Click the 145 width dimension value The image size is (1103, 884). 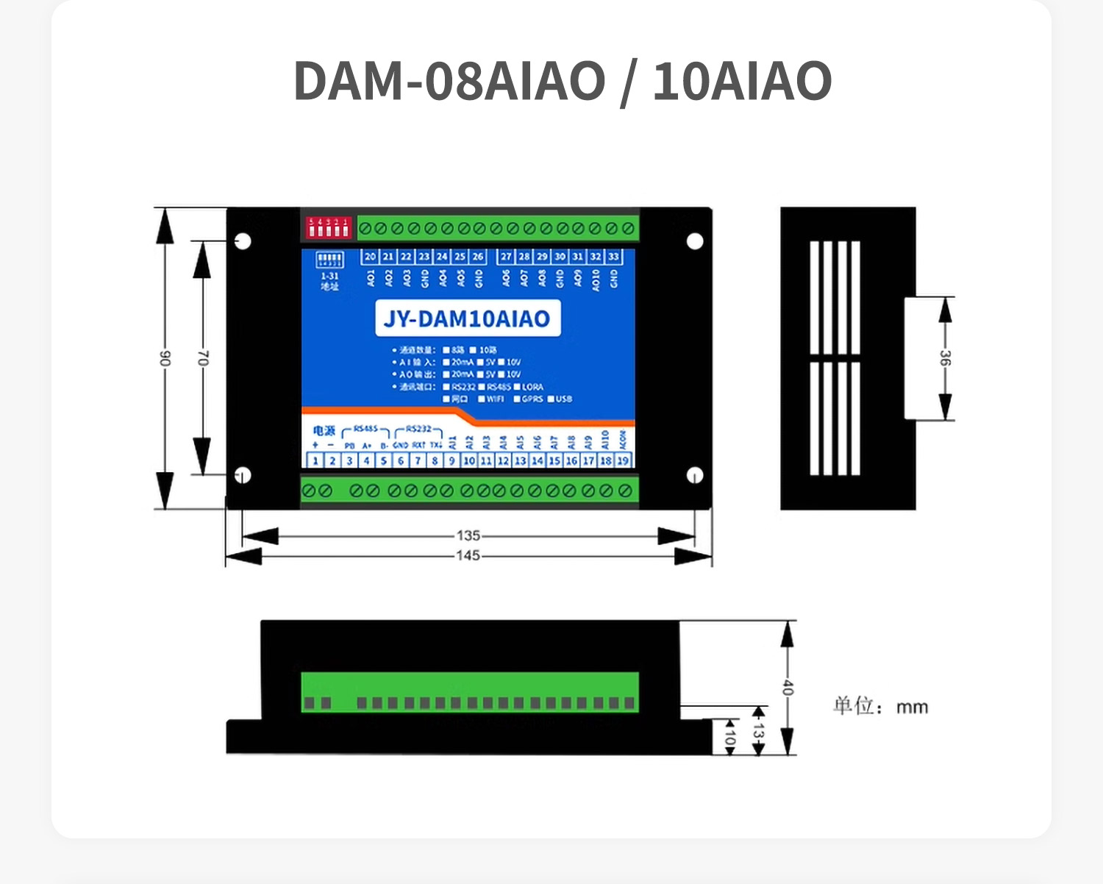tap(468, 555)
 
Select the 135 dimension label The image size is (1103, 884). tap(468, 535)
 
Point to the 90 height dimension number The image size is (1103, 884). tap(165, 358)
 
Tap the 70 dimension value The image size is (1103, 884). tap(202, 358)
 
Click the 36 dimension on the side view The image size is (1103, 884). tap(945, 358)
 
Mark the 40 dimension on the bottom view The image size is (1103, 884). tap(788, 688)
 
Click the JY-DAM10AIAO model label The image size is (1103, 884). tap(467, 318)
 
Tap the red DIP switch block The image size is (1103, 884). tap(328, 227)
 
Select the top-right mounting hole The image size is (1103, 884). tap(695, 241)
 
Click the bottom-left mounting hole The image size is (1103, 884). tap(242, 475)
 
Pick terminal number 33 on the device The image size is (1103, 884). tap(613, 257)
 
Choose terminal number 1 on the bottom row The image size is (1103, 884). tap(315, 461)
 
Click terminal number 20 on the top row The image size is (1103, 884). tap(370, 257)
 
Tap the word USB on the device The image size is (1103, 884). tap(563, 399)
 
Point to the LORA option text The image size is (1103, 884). tap(532, 387)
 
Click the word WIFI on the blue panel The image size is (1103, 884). tap(495, 399)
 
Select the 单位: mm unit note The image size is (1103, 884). tap(880, 707)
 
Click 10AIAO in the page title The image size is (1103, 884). tap(742, 81)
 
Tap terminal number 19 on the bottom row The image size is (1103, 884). tap(623, 461)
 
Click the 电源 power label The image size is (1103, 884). tap(324, 431)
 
